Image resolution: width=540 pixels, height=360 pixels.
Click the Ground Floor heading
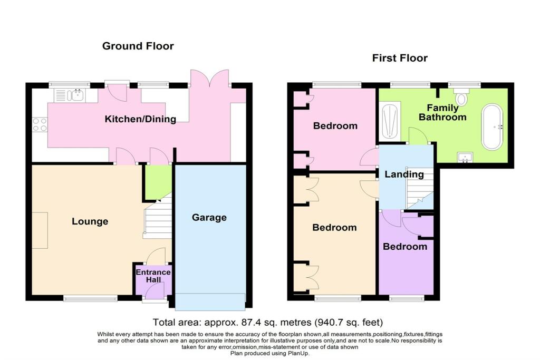click(x=138, y=46)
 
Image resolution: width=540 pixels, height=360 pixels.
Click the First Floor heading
click(x=400, y=58)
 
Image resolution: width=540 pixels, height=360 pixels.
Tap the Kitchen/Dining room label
click(x=140, y=119)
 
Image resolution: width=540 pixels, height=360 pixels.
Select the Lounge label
click(x=90, y=221)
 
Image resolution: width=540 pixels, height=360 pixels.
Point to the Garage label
click(x=209, y=218)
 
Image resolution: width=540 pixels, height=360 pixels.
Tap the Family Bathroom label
click(x=442, y=113)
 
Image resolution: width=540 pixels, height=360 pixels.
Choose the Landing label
click(x=404, y=174)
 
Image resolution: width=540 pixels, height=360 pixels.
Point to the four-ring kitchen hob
click(x=40, y=124)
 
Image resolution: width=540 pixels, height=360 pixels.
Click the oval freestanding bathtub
click(x=492, y=127)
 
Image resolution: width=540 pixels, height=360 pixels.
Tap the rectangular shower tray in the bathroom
click(x=390, y=121)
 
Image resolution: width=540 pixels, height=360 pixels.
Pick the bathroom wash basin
click(x=465, y=157)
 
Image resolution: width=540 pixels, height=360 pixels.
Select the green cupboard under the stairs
click(x=158, y=182)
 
